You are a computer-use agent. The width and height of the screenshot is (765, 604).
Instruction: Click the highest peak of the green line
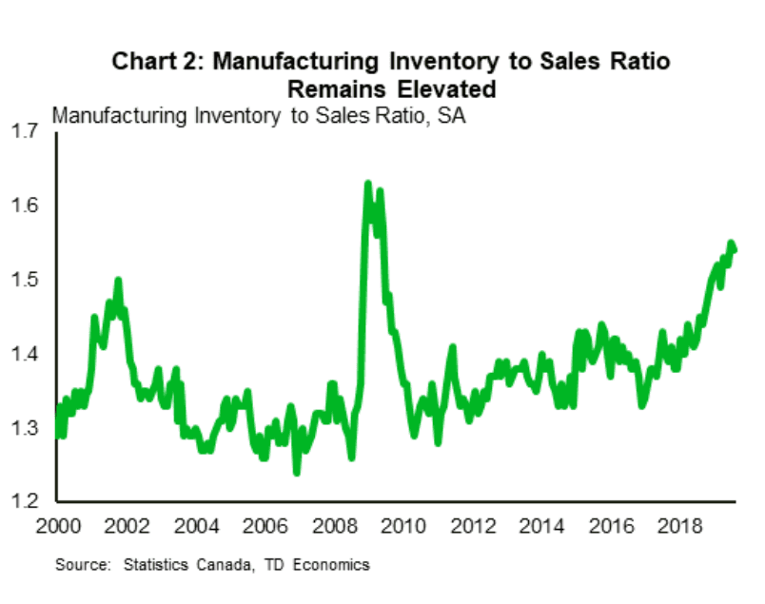point(367,183)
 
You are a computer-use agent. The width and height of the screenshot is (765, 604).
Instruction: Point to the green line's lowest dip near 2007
point(297,472)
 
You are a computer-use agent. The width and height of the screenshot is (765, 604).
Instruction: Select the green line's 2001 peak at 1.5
point(118,280)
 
